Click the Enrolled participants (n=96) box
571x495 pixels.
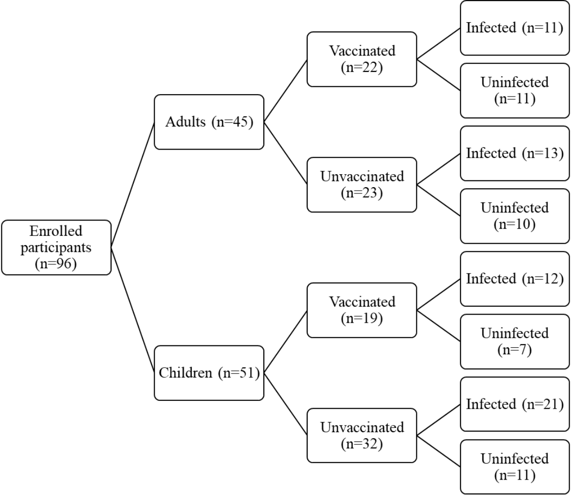[56, 247]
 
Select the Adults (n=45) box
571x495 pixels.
[209, 122]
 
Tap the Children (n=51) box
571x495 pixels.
[209, 373]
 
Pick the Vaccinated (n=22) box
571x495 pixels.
[361, 59]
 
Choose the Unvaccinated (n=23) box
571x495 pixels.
[361, 185]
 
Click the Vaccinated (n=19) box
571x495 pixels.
[361, 310]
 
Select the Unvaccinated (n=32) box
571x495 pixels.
[361, 436]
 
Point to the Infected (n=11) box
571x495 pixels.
[514, 28]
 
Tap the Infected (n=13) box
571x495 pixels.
[514, 153]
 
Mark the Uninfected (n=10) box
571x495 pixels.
[514, 216]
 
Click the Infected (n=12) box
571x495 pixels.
[514, 279]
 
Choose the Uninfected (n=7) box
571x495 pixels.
[514, 342]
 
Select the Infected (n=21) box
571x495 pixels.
[514, 404]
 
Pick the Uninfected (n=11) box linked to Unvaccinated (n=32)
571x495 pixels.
[514, 467]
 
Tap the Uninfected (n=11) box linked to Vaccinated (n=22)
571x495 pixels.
[514, 91]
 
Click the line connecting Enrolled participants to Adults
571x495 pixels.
[133, 185]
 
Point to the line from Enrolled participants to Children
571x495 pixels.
[133, 310]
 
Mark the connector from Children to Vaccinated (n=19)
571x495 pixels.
[285, 342]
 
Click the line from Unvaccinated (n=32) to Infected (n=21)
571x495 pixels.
[438, 420]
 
